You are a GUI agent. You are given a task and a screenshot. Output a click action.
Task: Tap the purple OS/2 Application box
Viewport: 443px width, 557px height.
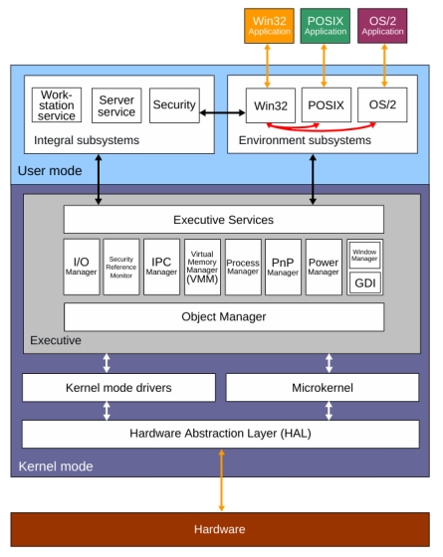383,26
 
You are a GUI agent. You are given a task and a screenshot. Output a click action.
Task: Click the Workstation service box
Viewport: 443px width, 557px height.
57,106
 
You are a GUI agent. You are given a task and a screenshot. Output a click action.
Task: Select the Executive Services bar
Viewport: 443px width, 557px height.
223,220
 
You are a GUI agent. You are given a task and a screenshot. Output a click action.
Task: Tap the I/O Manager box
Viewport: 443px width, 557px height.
82,266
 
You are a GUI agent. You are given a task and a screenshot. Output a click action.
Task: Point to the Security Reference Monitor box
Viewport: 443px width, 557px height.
120,266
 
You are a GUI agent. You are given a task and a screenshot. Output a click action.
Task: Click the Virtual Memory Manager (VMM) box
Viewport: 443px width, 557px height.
202,266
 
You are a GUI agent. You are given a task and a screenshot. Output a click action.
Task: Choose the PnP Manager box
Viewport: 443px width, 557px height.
283,266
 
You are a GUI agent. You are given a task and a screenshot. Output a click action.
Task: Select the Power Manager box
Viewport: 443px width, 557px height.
324,266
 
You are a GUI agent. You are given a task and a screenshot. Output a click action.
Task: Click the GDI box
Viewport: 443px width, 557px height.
364,282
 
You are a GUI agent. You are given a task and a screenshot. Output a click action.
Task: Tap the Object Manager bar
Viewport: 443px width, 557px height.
223,317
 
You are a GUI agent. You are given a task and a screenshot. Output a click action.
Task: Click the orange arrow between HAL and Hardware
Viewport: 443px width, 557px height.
222,481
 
